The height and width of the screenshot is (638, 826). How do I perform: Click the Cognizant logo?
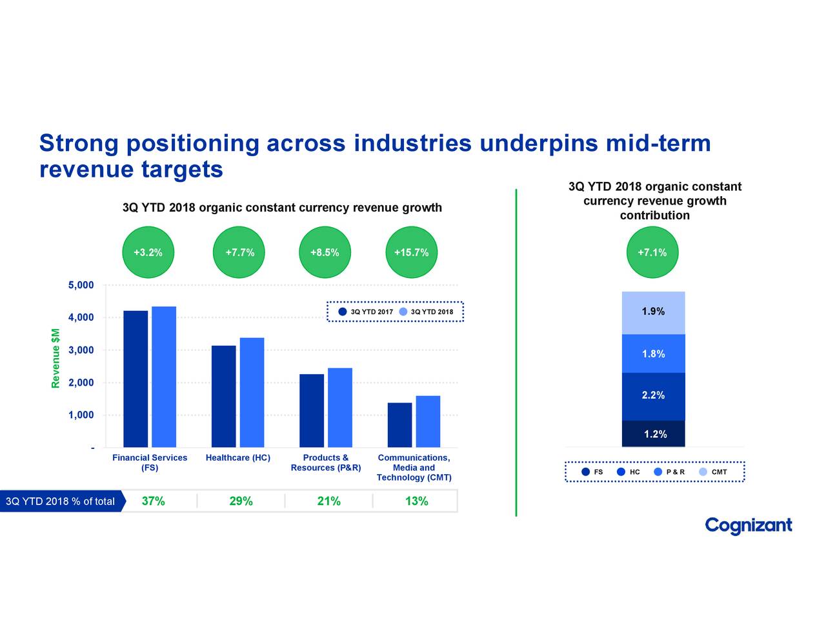(748, 526)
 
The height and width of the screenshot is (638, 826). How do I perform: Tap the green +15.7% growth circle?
(411, 252)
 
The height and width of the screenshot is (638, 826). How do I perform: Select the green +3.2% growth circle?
(148, 252)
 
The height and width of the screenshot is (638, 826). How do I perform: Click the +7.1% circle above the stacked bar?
(652, 252)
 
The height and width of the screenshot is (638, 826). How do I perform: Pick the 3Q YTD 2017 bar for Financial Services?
(136, 379)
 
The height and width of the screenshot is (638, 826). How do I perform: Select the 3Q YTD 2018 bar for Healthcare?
(252, 392)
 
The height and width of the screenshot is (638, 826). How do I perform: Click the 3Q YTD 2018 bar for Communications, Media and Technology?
(428, 421)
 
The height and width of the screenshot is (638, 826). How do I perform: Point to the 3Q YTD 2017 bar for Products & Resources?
(312, 410)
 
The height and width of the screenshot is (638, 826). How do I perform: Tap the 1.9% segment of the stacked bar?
(653, 313)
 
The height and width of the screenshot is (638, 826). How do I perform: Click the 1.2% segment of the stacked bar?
(653, 434)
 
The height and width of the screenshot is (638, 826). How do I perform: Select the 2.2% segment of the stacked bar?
(653, 396)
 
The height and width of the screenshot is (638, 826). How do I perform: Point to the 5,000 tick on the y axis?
(81, 285)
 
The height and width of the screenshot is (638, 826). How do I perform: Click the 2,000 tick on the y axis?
(81, 383)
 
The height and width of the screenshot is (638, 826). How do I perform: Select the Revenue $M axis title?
(56, 358)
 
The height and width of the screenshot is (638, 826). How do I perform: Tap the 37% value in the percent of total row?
(153, 501)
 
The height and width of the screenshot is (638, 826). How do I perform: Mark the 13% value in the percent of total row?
(416, 501)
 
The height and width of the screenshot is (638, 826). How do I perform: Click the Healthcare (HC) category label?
(237, 458)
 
